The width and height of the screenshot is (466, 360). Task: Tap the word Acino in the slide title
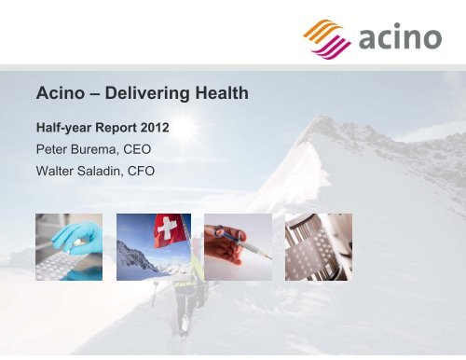click(58, 93)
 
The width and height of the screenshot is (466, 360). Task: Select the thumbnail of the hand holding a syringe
click(240, 245)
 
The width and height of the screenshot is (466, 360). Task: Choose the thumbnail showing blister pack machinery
click(317, 245)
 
